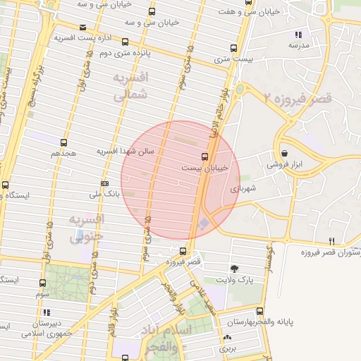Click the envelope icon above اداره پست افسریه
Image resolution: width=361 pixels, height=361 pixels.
click(x=82, y=27)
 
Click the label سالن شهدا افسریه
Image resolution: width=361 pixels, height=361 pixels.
click(x=130, y=151)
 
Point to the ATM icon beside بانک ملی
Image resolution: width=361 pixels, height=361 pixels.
click(x=105, y=183)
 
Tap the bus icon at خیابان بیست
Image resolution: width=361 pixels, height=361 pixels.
click(x=204, y=157)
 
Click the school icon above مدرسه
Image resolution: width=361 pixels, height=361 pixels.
click(x=299, y=35)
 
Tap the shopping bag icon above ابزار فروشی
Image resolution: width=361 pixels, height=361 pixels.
click(x=284, y=153)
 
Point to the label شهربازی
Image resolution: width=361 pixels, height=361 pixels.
click(x=243, y=189)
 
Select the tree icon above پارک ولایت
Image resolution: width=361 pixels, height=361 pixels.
click(x=234, y=268)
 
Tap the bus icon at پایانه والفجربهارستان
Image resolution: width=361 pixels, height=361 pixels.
click(x=259, y=311)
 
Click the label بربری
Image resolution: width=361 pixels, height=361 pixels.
click(x=226, y=348)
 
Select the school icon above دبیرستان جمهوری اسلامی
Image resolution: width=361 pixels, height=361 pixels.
click(x=47, y=312)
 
